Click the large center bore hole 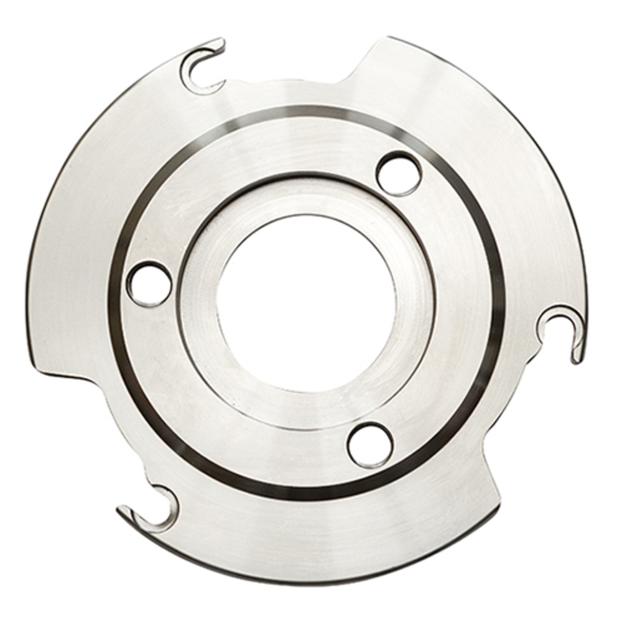pos(307,303)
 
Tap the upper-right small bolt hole pos(399,174)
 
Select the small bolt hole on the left pos(149,284)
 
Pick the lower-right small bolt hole pos(370,444)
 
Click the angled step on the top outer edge pos(361,62)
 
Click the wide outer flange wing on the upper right pos(498,155)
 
